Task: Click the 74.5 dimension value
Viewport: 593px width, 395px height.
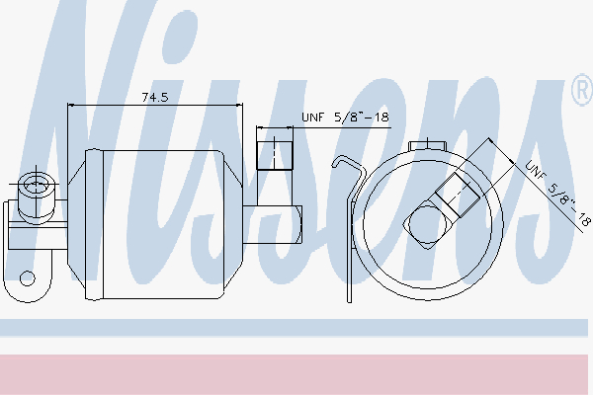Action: pyautogui.click(x=155, y=98)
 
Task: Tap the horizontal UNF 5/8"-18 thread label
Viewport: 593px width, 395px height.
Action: pyautogui.click(x=345, y=118)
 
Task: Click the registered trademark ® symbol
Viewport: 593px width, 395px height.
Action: pyautogui.click(x=582, y=91)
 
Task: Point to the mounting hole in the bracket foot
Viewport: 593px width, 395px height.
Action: pyautogui.click(x=27, y=278)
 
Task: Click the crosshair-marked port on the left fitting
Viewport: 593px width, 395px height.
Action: pyautogui.click(x=36, y=186)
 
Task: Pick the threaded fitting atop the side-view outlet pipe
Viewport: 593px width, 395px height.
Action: pyautogui.click(x=275, y=155)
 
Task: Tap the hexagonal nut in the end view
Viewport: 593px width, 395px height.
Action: pyautogui.click(x=427, y=224)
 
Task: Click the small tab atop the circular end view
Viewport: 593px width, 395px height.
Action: pyautogui.click(x=428, y=145)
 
